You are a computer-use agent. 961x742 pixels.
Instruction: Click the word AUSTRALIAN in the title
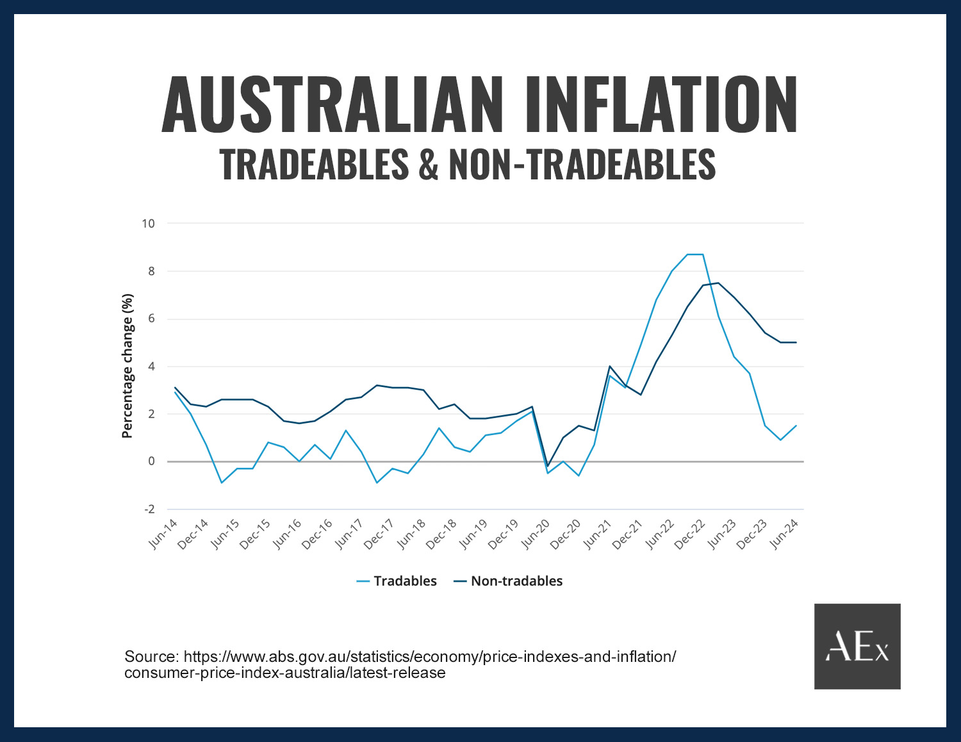click(332, 104)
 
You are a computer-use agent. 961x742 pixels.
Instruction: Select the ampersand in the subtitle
click(428, 164)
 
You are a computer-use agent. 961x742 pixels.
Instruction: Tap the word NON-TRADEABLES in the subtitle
click(582, 164)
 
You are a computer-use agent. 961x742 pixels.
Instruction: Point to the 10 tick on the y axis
click(148, 224)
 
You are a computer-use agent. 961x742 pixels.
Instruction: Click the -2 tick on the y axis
click(149, 509)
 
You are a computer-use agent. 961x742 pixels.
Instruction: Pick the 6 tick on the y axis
click(151, 319)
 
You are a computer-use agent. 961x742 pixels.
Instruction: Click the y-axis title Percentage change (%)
click(127, 366)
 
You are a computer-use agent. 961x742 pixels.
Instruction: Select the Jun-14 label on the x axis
click(163, 534)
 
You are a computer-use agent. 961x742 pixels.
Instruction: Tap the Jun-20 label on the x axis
click(536, 534)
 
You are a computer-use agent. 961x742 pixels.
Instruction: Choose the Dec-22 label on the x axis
click(691, 534)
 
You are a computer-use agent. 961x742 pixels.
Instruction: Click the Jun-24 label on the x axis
click(784, 534)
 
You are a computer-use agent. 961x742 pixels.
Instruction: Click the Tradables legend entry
click(397, 581)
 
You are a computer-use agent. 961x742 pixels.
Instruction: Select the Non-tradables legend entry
click(509, 581)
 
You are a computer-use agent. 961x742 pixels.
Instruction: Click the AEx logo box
click(857, 646)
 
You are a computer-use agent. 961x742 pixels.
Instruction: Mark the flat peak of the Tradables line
click(695, 254)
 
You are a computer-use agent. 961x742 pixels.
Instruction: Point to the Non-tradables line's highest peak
click(718, 283)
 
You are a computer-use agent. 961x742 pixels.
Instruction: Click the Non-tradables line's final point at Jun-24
click(796, 342)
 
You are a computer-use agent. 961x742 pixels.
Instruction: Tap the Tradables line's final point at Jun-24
click(796, 425)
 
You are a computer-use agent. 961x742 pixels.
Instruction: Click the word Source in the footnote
click(151, 657)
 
